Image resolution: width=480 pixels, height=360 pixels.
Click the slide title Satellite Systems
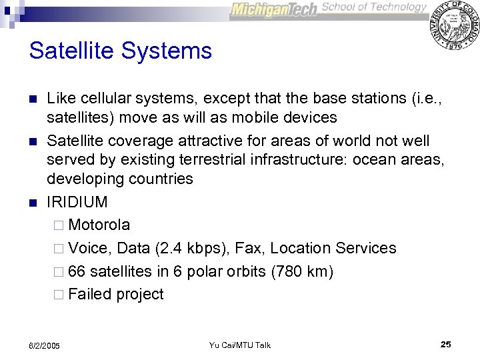(x=121, y=51)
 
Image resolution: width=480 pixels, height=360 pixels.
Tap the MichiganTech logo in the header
(x=274, y=9)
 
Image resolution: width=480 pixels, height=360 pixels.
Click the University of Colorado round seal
(x=455, y=25)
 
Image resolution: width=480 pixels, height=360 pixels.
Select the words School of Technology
(x=374, y=7)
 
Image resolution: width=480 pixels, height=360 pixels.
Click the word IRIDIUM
(x=77, y=202)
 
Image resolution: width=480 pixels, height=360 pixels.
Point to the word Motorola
(x=99, y=225)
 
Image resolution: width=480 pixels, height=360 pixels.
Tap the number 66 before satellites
(x=77, y=271)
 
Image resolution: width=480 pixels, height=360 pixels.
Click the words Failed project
(x=115, y=295)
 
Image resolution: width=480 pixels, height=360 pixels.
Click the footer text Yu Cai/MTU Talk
(x=239, y=345)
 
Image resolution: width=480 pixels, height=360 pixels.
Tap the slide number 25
(x=446, y=345)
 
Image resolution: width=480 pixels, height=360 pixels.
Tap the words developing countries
(x=120, y=179)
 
